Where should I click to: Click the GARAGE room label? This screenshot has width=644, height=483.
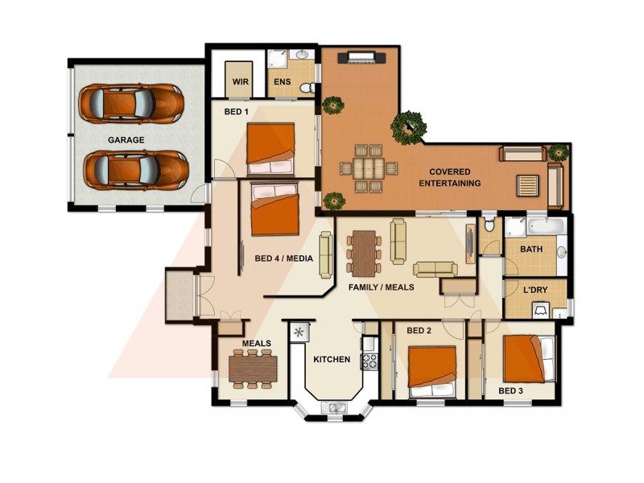click(126, 139)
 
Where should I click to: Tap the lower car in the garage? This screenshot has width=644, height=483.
click(134, 169)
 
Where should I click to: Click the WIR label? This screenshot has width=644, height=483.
click(240, 82)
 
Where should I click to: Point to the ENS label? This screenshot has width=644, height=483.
click(282, 82)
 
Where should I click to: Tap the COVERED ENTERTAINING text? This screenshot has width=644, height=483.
click(455, 177)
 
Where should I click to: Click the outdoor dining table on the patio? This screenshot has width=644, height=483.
click(369, 168)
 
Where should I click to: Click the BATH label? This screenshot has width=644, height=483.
click(530, 250)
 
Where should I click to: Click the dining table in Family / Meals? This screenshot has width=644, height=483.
click(365, 252)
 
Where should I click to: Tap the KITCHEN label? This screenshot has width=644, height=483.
click(331, 359)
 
